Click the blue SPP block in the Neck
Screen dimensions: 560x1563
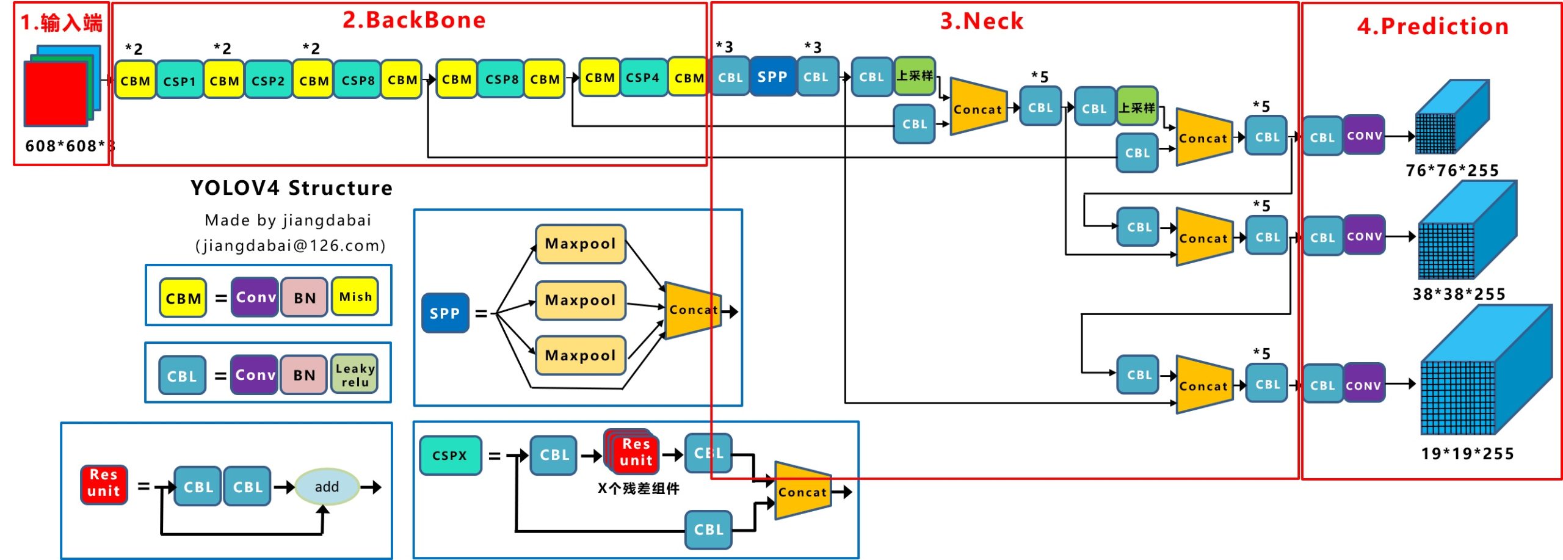(x=772, y=77)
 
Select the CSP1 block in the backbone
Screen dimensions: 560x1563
(x=180, y=81)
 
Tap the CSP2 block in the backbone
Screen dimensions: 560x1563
(x=268, y=80)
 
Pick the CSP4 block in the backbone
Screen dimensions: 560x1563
(x=642, y=78)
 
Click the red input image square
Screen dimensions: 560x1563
(x=56, y=93)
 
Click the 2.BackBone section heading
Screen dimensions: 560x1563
(x=414, y=20)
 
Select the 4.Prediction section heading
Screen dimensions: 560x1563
(x=1432, y=26)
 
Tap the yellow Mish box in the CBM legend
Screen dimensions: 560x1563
(x=355, y=297)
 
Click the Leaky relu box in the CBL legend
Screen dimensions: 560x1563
(x=355, y=375)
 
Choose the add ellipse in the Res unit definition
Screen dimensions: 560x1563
(x=327, y=487)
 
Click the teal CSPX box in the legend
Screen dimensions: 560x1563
(x=450, y=455)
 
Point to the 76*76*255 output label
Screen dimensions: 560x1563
(x=1452, y=170)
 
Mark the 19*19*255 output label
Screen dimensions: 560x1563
(x=1467, y=454)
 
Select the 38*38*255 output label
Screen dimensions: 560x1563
(x=1459, y=294)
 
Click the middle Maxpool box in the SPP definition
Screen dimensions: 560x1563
(x=580, y=300)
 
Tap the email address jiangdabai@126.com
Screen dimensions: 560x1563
(x=291, y=245)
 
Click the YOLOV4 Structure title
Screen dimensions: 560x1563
(x=291, y=188)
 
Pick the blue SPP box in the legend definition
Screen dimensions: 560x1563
(x=445, y=313)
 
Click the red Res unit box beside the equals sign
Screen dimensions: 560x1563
(x=104, y=483)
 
